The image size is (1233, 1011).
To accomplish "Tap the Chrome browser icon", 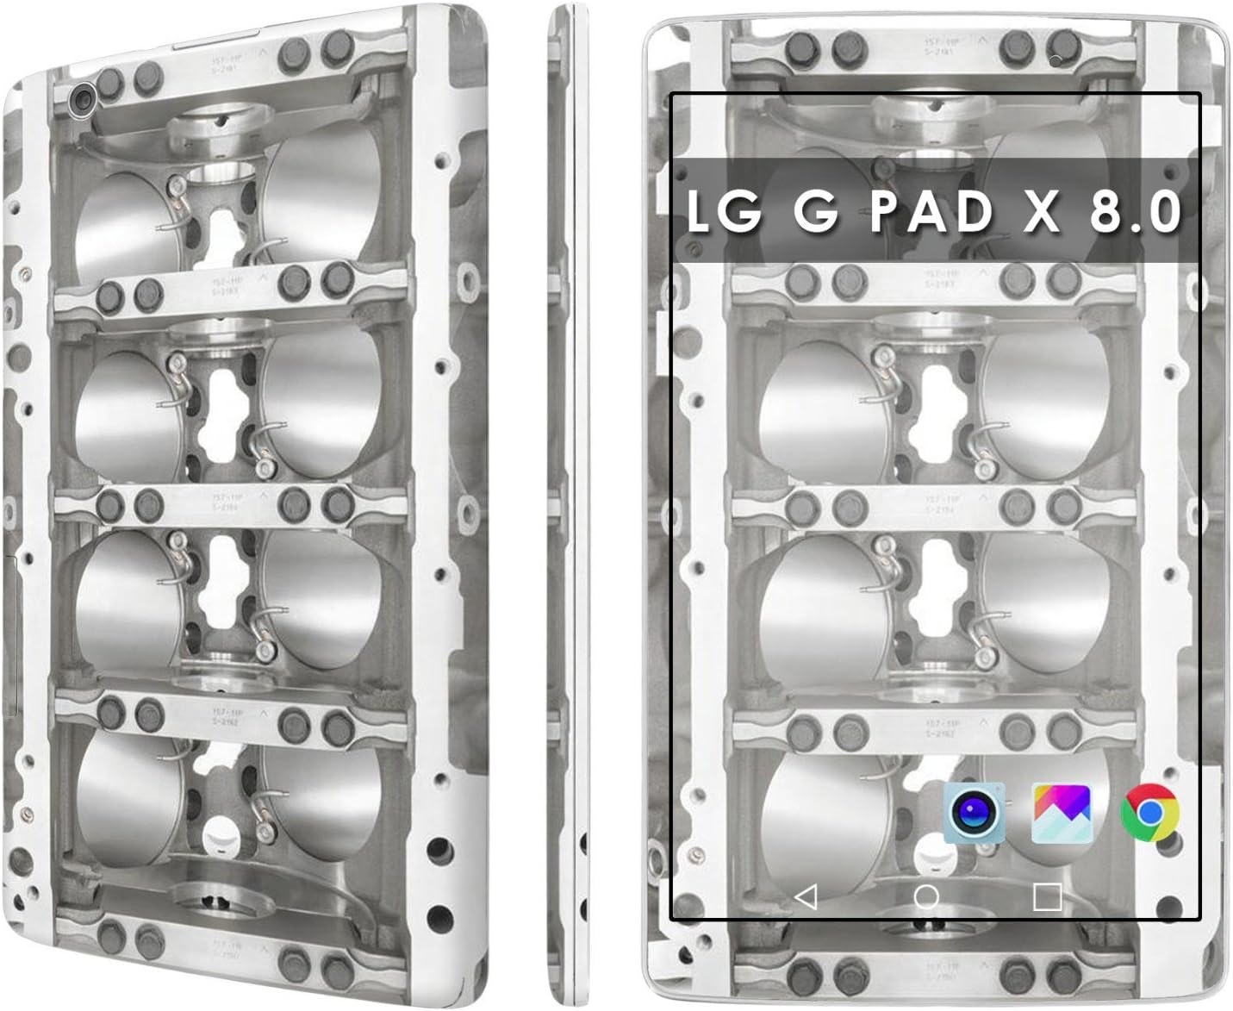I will coord(1149,813).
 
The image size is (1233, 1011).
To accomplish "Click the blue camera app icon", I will coord(975,812).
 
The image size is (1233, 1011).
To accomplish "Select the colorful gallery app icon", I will coord(1062,812).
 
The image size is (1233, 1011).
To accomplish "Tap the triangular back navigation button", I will coord(806,896).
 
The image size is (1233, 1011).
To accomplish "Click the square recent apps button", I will coord(1046,896).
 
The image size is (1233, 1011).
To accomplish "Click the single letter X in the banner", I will coord(1041,211).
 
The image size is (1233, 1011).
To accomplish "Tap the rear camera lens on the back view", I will coord(83,100).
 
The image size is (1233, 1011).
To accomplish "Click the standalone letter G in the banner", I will coord(815,211).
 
